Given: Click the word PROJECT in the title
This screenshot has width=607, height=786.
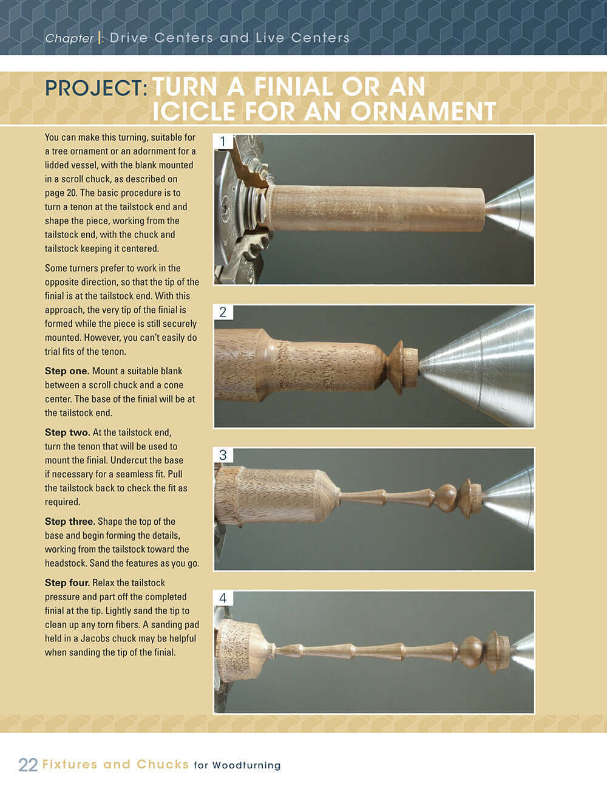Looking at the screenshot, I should (x=95, y=88).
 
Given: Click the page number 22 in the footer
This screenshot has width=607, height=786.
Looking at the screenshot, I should (x=28, y=765).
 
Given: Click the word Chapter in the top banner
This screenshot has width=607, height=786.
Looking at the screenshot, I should (x=69, y=38).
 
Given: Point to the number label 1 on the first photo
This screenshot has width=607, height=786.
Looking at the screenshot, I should (x=223, y=142).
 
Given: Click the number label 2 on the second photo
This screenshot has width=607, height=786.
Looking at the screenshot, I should (x=223, y=312).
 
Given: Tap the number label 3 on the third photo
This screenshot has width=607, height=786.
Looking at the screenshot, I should (x=223, y=455).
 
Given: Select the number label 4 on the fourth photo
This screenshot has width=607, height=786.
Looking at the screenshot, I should (x=223, y=598).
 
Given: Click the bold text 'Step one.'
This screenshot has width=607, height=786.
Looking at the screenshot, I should (x=67, y=371).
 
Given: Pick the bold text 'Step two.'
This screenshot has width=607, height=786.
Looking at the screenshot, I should (x=67, y=432).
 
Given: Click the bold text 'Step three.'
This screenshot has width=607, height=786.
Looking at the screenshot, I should (x=70, y=522).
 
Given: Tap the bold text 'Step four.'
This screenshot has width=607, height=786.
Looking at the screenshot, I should (x=67, y=583).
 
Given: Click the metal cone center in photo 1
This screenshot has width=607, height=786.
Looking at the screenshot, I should (x=513, y=208).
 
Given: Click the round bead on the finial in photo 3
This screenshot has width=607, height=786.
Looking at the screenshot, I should (x=447, y=497).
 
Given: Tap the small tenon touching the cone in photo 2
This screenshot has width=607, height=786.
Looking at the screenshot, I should (x=411, y=367).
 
